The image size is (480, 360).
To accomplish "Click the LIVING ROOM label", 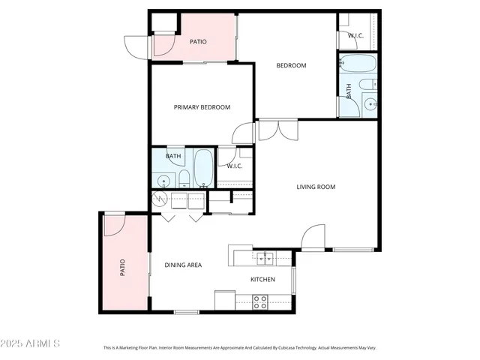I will (x=315, y=187).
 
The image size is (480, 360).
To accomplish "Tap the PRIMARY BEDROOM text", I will (x=202, y=107).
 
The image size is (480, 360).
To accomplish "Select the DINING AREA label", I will (x=183, y=265).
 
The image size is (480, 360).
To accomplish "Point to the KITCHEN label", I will (x=262, y=280).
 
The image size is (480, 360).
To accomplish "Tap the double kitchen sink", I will (x=264, y=259).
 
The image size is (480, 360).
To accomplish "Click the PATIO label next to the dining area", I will (x=121, y=267).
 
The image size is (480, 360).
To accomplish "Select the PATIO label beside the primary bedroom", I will (x=198, y=42).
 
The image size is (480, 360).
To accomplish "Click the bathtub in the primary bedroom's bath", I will (x=203, y=169).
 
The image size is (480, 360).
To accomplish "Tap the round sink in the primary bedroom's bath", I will (x=163, y=180).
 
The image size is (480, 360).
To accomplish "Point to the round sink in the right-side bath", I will (x=370, y=104).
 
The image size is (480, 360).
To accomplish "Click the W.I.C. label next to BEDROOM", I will (x=355, y=35).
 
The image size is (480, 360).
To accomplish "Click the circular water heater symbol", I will (x=160, y=199).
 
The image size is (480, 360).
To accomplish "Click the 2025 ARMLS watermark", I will (x=31, y=343).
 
